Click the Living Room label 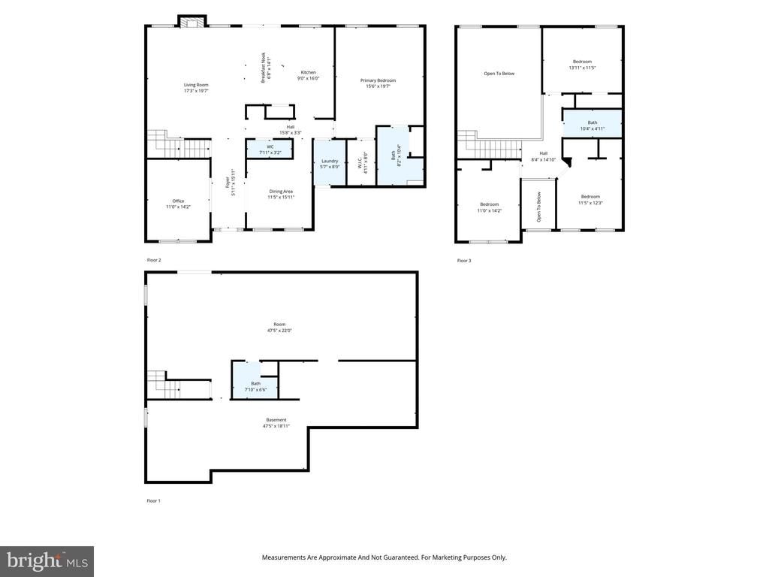click(x=196, y=88)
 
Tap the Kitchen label click(x=308, y=75)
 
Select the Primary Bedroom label click(x=378, y=83)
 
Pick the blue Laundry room click(x=330, y=163)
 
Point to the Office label click(x=178, y=204)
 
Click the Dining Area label click(x=282, y=194)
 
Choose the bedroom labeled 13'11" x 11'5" click(x=582, y=65)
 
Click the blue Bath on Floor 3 click(x=593, y=125)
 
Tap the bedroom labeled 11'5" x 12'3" click(x=590, y=199)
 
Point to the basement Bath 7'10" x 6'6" click(x=256, y=386)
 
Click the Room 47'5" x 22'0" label click(x=279, y=327)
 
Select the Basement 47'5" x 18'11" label click(x=276, y=422)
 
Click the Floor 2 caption click(x=154, y=260)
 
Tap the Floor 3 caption click(x=464, y=261)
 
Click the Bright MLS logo click(x=47, y=560)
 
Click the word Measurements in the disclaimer click(x=283, y=557)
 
